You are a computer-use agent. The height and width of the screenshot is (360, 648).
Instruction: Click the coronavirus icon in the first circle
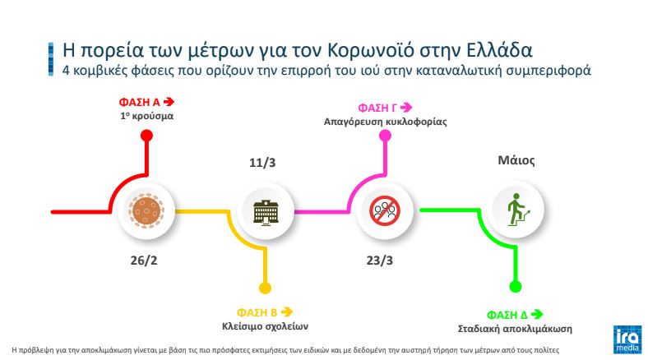coord(145,211)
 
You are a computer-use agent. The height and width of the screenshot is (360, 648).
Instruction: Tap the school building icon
coord(264,211)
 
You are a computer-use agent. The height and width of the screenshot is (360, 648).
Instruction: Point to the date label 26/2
coord(145,261)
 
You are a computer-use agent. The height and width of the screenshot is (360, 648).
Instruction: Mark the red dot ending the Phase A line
coord(146,136)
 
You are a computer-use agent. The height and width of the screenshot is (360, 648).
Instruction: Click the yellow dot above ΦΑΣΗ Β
coord(264,287)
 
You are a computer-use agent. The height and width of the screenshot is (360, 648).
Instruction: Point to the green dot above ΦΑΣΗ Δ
coord(515,287)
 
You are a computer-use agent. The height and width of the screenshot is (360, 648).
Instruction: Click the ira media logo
coord(627,339)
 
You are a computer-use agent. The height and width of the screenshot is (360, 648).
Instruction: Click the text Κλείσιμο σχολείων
coord(264,325)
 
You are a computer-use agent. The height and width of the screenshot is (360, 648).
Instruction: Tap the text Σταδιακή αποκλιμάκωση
coord(514,328)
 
